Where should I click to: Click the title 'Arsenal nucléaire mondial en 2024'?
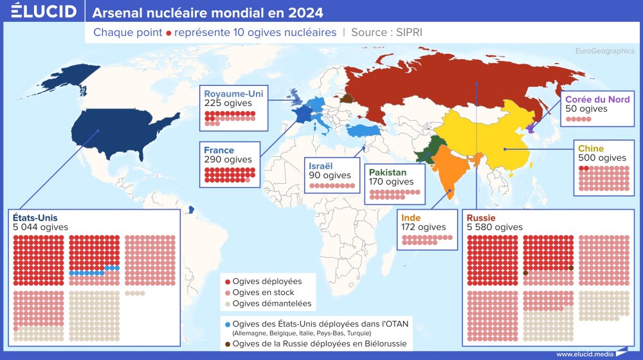point(208,13)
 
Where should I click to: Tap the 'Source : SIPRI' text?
point(386,32)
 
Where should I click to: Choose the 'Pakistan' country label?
point(388,172)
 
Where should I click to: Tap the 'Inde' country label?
point(412,217)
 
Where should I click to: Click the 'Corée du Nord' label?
point(597,99)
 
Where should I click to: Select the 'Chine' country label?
point(591,148)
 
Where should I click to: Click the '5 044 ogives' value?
point(40,227)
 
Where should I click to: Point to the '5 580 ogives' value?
point(494,227)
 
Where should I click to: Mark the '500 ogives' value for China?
point(602,158)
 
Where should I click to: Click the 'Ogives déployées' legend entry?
point(267,282)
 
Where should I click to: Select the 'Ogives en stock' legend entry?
point(264,292)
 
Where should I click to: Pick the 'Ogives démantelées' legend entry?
point(271,303)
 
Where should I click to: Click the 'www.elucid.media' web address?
point(584,354)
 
